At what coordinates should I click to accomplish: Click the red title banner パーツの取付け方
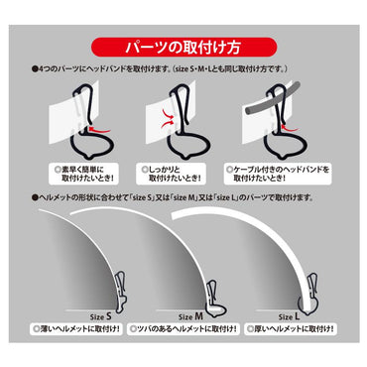pos(183,47)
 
